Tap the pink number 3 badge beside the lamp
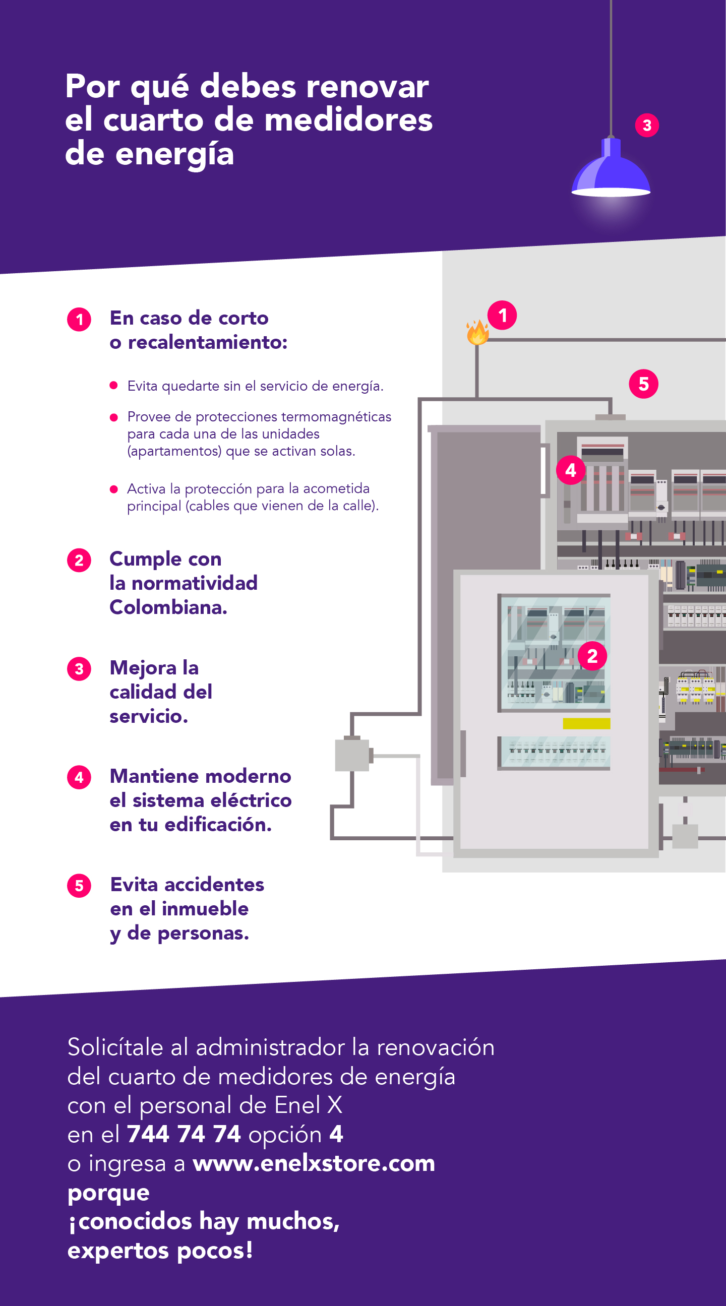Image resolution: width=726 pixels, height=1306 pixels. click(x=647, y=125)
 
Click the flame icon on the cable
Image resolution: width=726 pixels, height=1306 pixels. click(x=477, y=333)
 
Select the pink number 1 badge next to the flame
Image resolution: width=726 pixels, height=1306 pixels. click(x=502, y=316)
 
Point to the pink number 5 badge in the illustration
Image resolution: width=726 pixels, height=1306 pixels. click(x=643, y=384)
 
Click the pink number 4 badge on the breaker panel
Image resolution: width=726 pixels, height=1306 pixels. click(x=570, y=470)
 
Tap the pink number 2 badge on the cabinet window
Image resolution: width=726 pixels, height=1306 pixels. click(x=592, y=656)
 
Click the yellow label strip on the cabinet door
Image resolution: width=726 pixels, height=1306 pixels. click(x=586, y=723)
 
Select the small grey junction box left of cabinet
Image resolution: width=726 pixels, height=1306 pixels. click(x=352, y=755)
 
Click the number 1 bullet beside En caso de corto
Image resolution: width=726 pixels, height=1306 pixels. click(x=79, y=320)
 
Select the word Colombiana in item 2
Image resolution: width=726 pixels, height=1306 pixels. click(x=168, y=607)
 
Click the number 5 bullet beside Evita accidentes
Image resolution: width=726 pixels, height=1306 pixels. click(x=79, y=886)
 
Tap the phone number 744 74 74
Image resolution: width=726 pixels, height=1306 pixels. click(x=184, y=1134)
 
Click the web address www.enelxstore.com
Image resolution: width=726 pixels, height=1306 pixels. click(x=314, y=1162)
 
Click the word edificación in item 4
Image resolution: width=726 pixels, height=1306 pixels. click(x=218, y=824)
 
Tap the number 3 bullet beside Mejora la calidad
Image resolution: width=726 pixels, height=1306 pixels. click(x=79, y=669)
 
